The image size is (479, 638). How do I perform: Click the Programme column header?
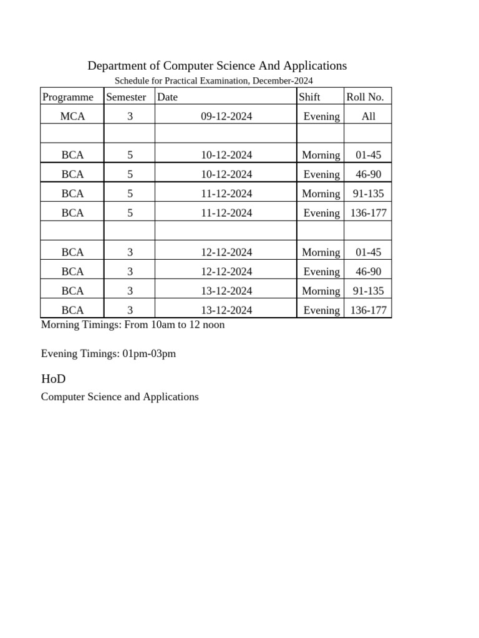coord(67,97)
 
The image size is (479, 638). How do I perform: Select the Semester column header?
coord(126,97)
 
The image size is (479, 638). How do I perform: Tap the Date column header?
coord(167,97)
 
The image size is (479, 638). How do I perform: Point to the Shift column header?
coord(309,97)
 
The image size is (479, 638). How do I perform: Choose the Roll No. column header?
coord(365,97)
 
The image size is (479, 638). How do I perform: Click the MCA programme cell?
coord(72,117)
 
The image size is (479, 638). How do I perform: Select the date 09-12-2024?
coord(226,117)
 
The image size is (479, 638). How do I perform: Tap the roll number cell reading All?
coord(368,117)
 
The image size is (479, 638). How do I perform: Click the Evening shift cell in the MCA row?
coord(321,117)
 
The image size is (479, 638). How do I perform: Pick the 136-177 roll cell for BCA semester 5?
coord(368,213)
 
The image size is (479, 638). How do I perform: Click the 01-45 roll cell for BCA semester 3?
coord(368,252)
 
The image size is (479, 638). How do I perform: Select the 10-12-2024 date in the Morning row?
coord(226,155)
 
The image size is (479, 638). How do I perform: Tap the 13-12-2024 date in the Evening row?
coord(226,310)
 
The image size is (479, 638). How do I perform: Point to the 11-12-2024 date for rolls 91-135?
coord(226,194)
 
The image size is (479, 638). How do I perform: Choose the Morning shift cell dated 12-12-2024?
coord(321,252)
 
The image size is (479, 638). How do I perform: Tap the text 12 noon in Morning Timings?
coord(208,325)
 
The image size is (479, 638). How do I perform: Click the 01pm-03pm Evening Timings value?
coord(149,354)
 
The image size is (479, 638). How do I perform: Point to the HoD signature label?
coord(53,379)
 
